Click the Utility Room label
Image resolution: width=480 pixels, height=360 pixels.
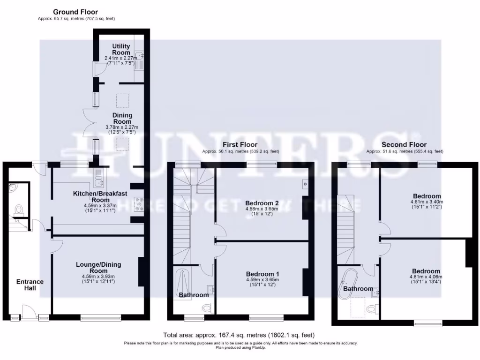(121, 49)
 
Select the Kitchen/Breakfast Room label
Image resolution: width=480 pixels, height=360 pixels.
(98, 196)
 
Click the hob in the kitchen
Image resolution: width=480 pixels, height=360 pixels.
(139, 202)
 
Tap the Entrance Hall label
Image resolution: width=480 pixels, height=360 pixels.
(30, 285)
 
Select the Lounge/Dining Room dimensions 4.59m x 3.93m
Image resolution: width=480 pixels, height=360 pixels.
(98, 277)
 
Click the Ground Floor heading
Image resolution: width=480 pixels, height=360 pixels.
(75, 12)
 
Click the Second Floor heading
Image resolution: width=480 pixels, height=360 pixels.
(404, 145)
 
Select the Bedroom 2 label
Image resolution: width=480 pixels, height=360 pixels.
(262, 203)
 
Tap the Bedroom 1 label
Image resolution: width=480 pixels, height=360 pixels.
(262, 274)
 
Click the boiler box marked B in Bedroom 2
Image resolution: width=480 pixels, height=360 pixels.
(306, 184)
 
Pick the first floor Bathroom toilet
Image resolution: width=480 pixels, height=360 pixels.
(208, 308)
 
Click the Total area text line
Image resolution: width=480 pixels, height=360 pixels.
(239, 335)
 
